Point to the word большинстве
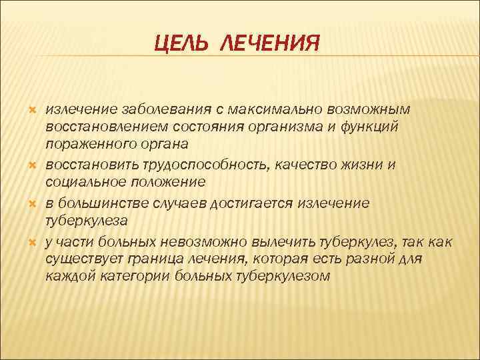(x=99, y=202)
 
